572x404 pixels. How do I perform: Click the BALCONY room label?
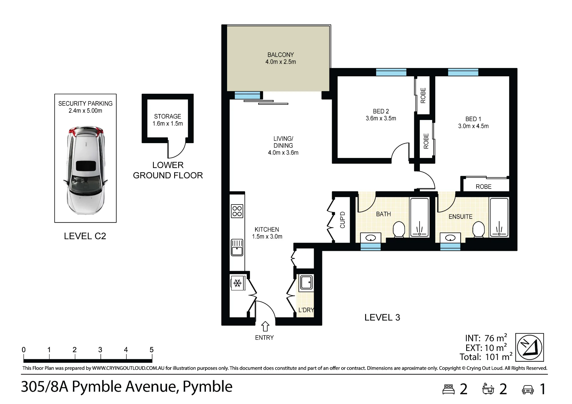[x=281, y=55]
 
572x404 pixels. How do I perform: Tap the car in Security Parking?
[x=86, y=170]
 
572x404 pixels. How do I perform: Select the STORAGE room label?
[x=168, y=116]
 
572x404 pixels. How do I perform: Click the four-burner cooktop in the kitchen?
[x=237, y=211]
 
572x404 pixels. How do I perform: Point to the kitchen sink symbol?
[x=237, y=247]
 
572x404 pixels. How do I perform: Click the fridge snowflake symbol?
[x=237, y=283]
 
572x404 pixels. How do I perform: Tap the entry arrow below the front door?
[x=265, y=327]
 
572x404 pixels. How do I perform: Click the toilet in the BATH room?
[x=399, y=229]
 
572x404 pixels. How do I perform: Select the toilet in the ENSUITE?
[x=478, y=229]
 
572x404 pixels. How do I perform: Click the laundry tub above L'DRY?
[x=306, y=282]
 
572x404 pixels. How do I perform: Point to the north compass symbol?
[x=530, y=347]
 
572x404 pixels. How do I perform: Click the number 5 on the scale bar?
[x=152, y=350]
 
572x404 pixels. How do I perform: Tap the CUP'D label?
[x=343, y=220]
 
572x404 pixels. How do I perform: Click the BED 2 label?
[x=381, y=111]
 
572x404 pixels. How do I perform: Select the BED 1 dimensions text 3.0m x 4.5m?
[x=473, y=126]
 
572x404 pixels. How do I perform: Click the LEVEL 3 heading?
[x=382, y=317]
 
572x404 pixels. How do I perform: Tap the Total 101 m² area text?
[x=486, y=357]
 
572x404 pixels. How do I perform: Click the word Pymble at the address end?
[x=208, y=387]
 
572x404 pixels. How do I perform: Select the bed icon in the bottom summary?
[x=448, y=389]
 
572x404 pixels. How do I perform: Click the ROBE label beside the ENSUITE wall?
[x=484, y=187]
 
